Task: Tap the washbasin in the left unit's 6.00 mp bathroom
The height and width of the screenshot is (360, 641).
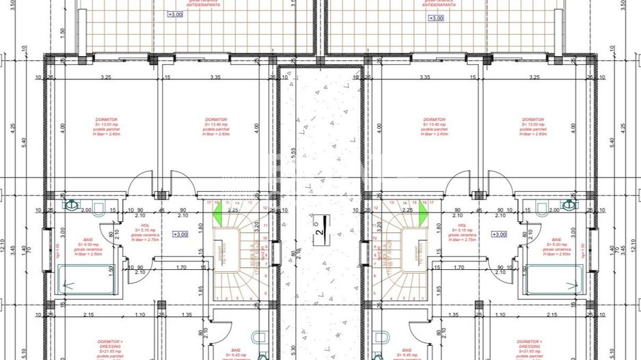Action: click(72, 204)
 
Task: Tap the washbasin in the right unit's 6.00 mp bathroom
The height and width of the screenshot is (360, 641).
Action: click(568, 204)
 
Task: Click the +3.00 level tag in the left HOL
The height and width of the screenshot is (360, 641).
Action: click(180, 234)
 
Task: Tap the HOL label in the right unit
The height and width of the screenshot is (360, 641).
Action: click(463, 225)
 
